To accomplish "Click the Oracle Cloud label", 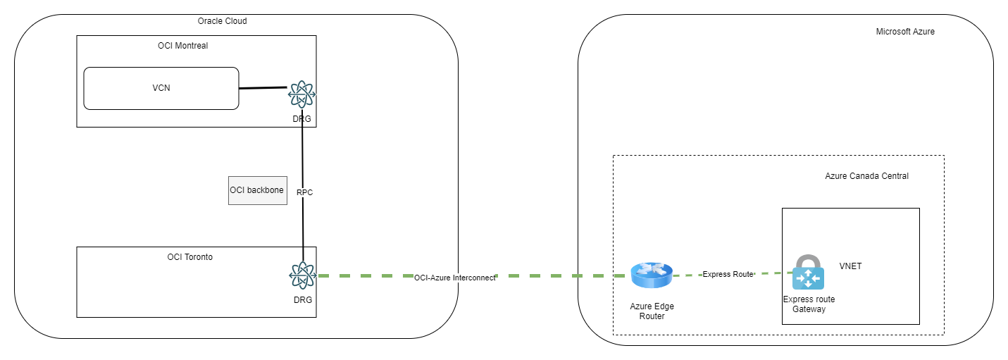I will pyautogui.click(x=222, y=21).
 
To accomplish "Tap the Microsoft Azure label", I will pyautogui.click(x=904, y=32).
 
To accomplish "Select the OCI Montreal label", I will pyautogui.click(x=182, y=46).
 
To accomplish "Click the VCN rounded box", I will pyautogui.click(x=161, y=88).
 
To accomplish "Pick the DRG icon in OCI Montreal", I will pyautogui.click(x=301, y=93).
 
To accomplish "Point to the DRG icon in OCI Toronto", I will pyautogui.click(x=302, y=275).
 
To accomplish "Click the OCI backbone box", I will pyautogui.click(x=257, y=190).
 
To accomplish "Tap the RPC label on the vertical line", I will pyautogui.click(x=304, y=192).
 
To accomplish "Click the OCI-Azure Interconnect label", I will pyautogui.click(x=454, y=278).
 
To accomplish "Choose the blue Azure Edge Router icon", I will pyautogui.click(x=652, y=275).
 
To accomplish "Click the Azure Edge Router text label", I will pyautogui.click(x=652, y=311).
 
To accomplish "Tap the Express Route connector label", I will pyautogui.click(x=728, y=274).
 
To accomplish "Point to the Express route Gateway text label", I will pyautogui.click(x=809, y=304).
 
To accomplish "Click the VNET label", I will pyautogui.click(x=850, y=266).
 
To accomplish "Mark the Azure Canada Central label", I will pyautogui.click(x=866, y=176).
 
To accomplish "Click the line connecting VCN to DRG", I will pyautogui.click(x=263, y=89).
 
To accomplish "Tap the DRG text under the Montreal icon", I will pyautogui.click(x=301, y=118).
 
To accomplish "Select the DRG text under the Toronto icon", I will pyautogui.click(x=302, y=300).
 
